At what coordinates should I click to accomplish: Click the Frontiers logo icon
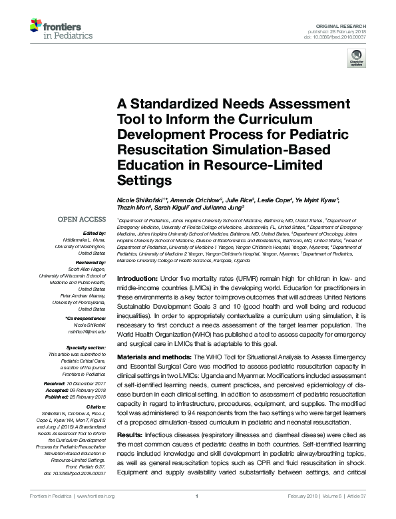pyautogui.click(x=35, y=27)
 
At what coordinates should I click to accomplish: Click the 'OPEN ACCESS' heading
pyautogui.click(x=82, y=220)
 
